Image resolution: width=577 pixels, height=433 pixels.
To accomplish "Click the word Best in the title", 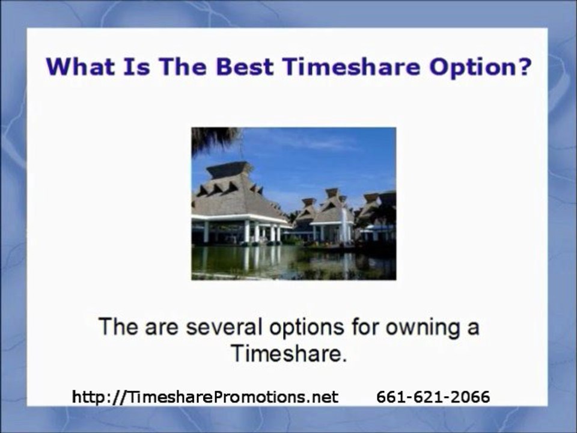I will (246, 66).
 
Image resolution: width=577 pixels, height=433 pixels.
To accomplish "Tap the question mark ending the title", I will (524, 66).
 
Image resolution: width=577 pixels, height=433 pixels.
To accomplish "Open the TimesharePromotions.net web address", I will (205, 397).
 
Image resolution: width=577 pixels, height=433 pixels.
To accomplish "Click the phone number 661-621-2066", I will (433, 397).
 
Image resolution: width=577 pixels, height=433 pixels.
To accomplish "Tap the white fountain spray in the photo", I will (344, 224).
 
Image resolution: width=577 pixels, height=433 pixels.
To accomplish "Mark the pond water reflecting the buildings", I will (288, 262).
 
